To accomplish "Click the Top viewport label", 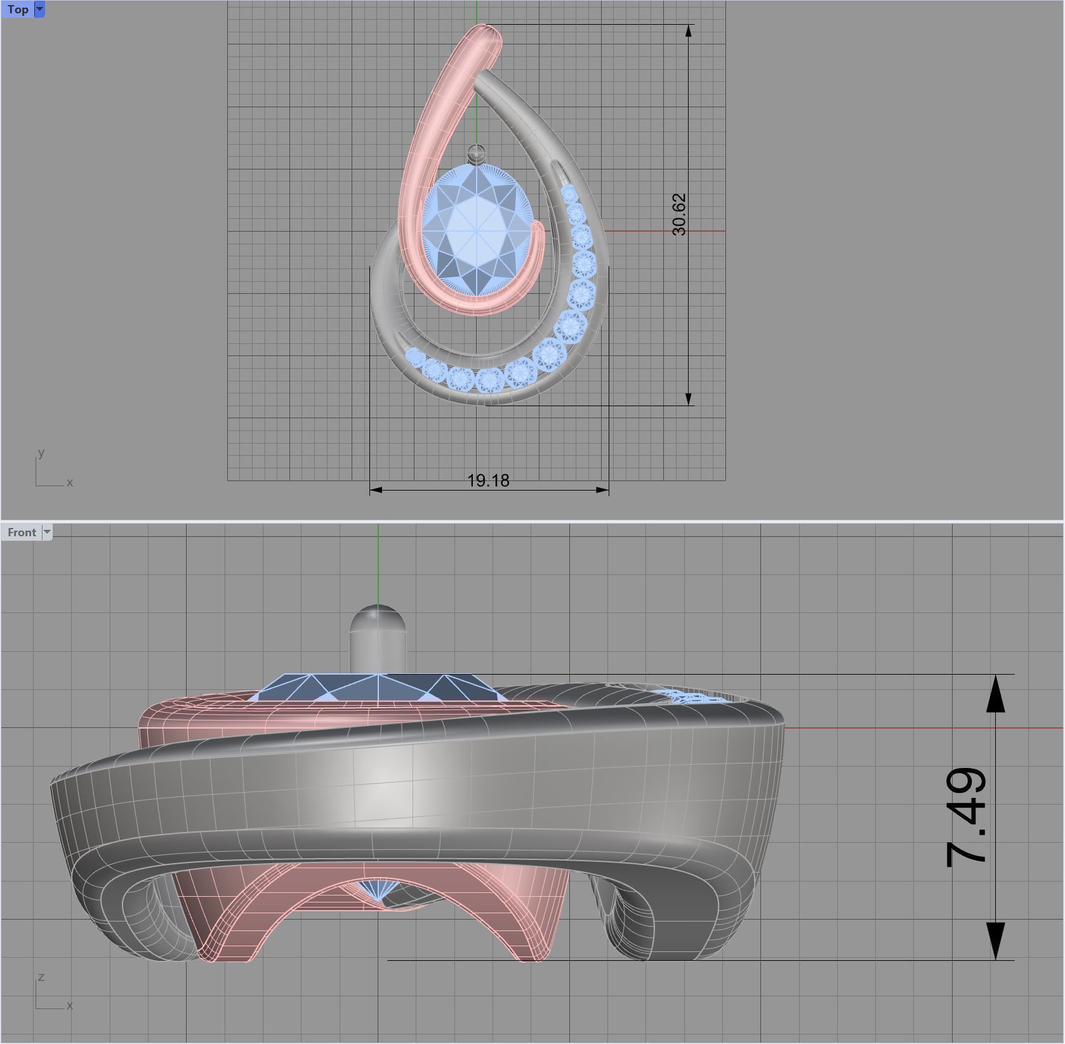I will (x=17, y=10).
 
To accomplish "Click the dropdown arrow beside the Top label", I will (x=39, y=10).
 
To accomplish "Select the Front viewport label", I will (x=22, y=532).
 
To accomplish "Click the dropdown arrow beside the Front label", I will (x=46, y=532).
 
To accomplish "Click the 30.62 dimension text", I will (x=678, y=215).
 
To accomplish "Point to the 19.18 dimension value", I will (x=488, y=480).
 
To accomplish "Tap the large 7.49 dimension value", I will (x=966, y=817).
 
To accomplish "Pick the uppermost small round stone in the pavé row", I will (x=569, y=193).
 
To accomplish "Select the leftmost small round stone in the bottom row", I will (x=413, y=357).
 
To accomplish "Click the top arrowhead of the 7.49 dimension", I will (x=995, y=692).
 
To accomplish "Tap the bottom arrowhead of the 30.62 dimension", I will (x=689, y=398).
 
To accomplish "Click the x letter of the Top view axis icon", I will (x=70, y=483).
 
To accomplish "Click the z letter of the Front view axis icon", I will (x=41, y=977).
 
